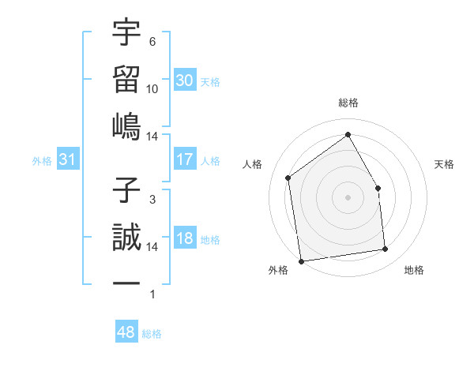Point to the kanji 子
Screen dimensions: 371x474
[126, 190]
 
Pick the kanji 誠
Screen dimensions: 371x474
[126, 237]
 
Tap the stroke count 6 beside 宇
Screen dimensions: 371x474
[152, 42]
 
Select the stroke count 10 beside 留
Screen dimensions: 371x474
[152, 88]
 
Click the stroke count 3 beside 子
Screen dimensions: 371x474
[152, 200]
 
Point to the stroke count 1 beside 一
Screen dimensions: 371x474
[152, 294]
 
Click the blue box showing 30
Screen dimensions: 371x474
[185, 81]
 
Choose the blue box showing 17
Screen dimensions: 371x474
[185, 159]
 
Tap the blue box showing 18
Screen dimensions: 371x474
[185, 239]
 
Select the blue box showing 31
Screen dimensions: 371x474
[68, 160]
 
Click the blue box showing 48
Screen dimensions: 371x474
[126, 332]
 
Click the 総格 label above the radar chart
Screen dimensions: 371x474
[348, 103]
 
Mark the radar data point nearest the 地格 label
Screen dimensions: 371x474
[386, 249]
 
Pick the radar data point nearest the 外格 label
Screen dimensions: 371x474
[301, 260]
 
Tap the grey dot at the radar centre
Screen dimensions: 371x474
[348, 197]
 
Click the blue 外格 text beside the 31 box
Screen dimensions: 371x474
[42, 161]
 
